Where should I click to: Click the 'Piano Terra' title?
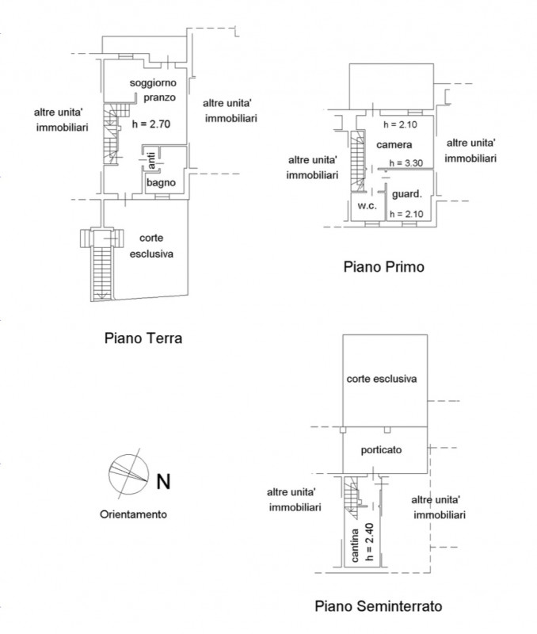click(143, 338)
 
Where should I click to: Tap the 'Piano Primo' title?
click(383, 267)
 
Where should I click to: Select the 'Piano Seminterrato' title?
click(378, 607)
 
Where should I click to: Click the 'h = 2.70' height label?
click(150, 124)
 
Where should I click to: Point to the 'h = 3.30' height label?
click(404, 164)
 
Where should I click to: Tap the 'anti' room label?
click(150, 162)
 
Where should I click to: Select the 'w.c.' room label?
click(366, 206)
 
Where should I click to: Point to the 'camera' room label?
click(394, 145)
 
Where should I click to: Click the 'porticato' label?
click(382, 449)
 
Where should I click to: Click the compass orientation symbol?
click(127, 471)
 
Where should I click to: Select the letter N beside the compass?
click(162, 480)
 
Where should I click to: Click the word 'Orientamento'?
click(133, 513)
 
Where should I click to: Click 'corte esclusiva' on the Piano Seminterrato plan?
click(382, 379)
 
